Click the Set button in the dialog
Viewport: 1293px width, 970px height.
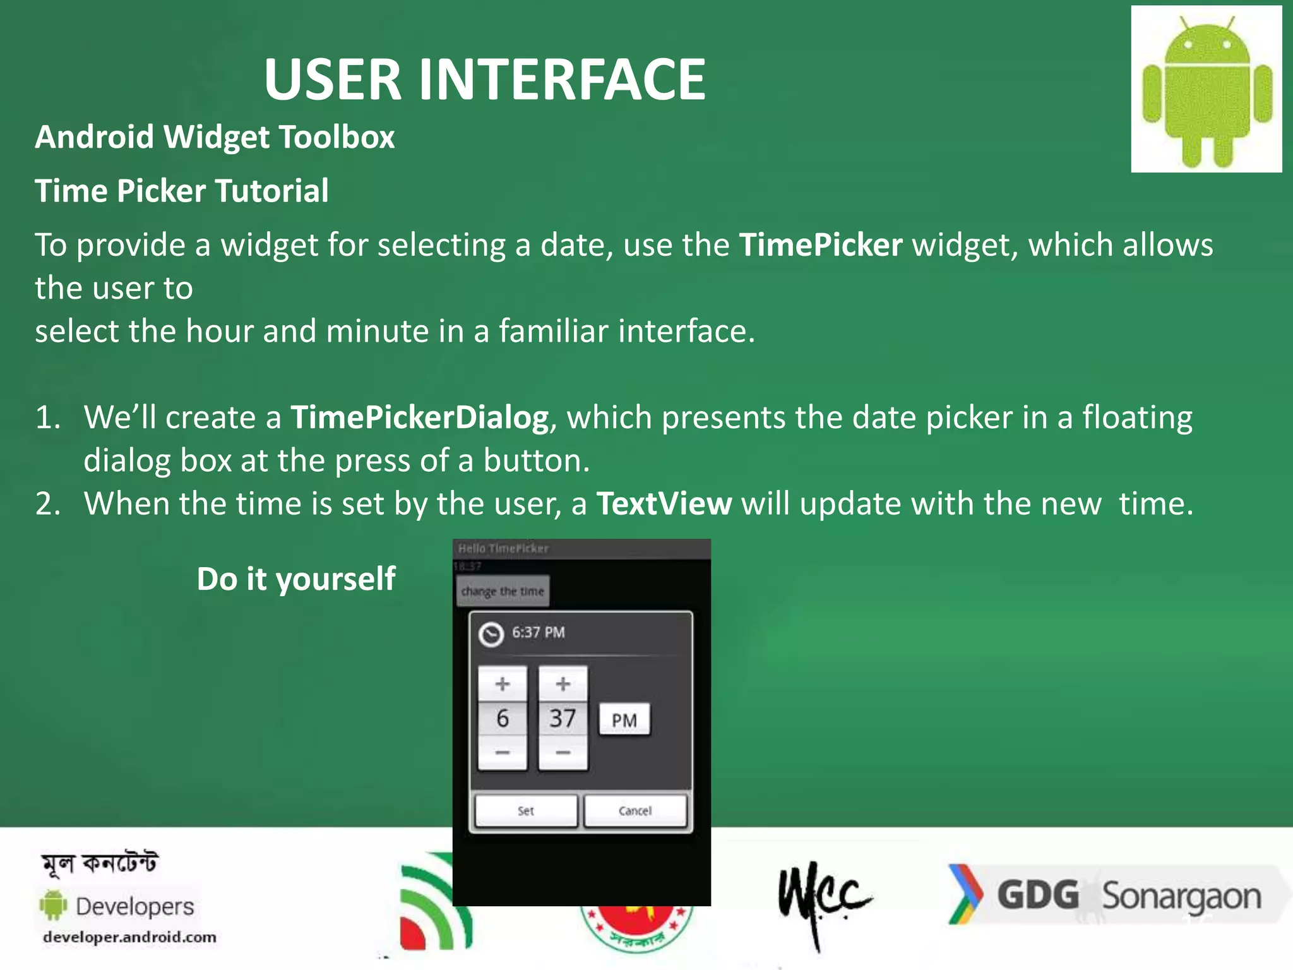pyautogui.click(x=526, y=811)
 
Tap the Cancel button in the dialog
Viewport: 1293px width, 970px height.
pyautogui.click(x=635, y=811)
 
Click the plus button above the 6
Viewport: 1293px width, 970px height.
pyautogui.click(x=503, y=684)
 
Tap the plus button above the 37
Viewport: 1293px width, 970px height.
pyautogui.click(x=563, y=684)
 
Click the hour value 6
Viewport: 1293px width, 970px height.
pyautogui.click(x=503, y=719)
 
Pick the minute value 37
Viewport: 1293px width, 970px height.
pyautogui.click(x=563, y=719)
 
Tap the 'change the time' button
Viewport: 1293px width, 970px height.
pyautogui.click(x=503, y=592)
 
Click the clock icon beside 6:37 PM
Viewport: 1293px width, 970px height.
pyautogui.click(x=491, y=634)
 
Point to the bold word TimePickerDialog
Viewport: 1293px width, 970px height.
pyautogui.click(x=419, y=417)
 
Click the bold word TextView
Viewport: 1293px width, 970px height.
pyautogui.click(x=664, y=504)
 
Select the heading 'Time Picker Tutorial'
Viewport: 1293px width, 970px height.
pyautogui.click(x=181, y=191)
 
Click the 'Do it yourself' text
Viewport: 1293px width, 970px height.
pyautogui.click(x=295, y=579)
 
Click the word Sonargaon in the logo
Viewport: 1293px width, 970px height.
pyautogui.click(x=1181, y=897)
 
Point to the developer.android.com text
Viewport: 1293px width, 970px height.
pyautogui.click(x=129, y=937)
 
